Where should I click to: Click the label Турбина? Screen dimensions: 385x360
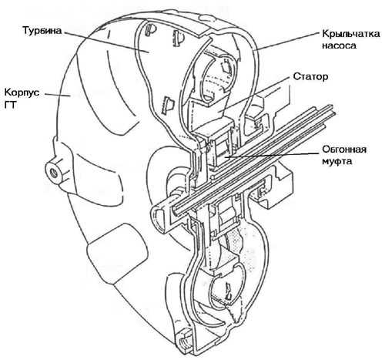(x=42, y=31)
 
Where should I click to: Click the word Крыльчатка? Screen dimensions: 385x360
(x=351, y=34)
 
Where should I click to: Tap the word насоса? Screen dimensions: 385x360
(x=339, y=45)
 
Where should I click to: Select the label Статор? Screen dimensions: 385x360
(x=310, y=76)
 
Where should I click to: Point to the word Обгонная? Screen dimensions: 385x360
(x=344, y=150)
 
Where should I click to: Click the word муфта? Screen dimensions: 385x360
(x=336, y=162)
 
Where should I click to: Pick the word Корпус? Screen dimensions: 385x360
(x=22, y=93)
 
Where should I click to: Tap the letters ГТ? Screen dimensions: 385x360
(x=11, y=105)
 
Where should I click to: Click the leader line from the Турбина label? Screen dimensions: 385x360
(x=106, y=42)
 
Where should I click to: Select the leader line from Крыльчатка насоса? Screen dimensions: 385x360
(x=288, y=41)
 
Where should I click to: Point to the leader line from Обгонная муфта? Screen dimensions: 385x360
(x=272, y=155)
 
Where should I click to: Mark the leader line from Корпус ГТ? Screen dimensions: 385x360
(x=58, y=95)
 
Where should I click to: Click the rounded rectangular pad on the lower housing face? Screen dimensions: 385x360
(x=117, y=253)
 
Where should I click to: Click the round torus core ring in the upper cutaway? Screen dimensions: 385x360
(x=218, y=77)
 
